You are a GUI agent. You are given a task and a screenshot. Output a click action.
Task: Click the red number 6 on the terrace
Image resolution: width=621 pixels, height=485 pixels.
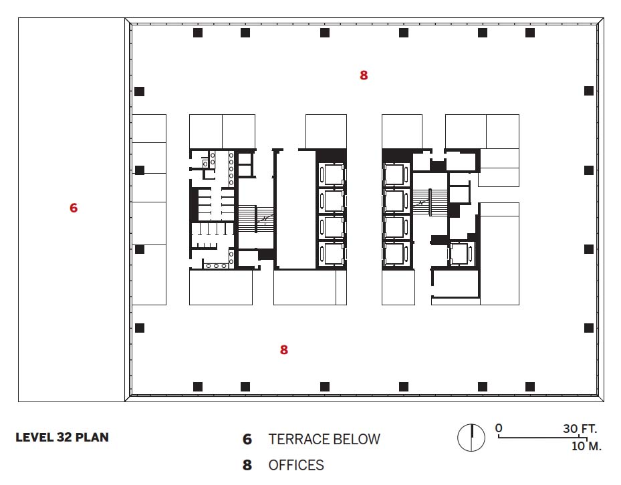[x=74, y=208]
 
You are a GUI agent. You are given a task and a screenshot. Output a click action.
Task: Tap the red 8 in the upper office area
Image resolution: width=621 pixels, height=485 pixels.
[x=364, y=75]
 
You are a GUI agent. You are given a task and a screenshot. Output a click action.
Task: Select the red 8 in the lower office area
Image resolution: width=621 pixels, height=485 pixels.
[x=284, y=349]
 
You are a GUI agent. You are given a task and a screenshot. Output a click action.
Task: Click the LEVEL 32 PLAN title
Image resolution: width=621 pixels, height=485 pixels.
[x=62, y=438]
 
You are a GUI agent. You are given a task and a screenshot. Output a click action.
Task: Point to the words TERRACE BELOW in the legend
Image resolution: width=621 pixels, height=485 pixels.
[x=324, y=439]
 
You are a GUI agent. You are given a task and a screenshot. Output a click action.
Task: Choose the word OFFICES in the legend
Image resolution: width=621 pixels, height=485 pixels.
[x=296, y=465]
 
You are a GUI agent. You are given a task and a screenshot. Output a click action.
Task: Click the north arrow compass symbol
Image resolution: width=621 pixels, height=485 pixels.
[x=471, y=438]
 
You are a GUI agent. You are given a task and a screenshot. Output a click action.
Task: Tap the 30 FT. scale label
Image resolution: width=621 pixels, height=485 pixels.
[x=580, y=428]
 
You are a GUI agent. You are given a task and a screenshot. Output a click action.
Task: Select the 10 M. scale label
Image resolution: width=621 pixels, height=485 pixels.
[x=586, y=446]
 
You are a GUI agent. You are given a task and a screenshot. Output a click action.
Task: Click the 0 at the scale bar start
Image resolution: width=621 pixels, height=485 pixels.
[x=499, y=428]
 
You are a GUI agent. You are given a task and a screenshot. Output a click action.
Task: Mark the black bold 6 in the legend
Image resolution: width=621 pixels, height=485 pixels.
[x=247, y=439]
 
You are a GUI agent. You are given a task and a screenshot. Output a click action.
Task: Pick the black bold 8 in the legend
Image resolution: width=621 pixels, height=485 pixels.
[x=247, y=465]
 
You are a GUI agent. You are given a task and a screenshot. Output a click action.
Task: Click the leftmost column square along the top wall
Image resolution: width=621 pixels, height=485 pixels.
[x=198, y=33]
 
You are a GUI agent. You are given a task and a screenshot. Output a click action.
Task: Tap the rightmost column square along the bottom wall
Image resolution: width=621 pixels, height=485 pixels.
[x=530, y=386]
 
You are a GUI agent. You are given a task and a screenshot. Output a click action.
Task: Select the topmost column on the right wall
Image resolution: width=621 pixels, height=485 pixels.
[x=589, y=91]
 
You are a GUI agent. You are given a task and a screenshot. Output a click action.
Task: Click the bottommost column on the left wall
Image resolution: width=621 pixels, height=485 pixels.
[x=140, y=328]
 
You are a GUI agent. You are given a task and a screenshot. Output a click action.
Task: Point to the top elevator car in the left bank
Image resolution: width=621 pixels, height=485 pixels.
[x=332, y=174]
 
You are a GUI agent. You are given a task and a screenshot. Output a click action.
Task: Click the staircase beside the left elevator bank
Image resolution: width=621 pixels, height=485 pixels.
[x=255, y=218]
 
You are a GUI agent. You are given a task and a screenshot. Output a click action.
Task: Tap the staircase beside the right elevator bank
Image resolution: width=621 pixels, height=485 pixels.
[x=430, y=202]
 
